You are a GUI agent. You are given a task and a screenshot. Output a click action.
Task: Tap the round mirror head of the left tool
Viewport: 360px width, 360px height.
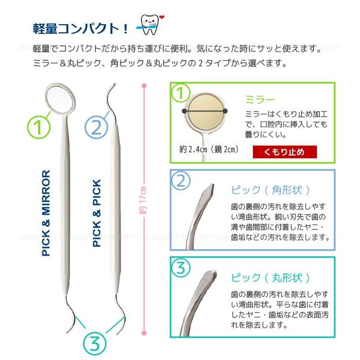[x=58, y=96]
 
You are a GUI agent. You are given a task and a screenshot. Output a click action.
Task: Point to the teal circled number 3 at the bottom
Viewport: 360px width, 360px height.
[x=94, y=342]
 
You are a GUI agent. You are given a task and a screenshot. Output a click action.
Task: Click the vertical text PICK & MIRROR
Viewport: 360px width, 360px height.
[x=46, y=213]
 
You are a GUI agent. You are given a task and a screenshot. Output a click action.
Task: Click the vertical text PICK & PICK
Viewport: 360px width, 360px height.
[x=97, y=213]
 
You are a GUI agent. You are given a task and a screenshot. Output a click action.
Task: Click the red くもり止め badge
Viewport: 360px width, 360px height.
[x=284, y=152]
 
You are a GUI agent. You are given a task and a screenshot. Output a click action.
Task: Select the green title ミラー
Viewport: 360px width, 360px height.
[x=260, y=100]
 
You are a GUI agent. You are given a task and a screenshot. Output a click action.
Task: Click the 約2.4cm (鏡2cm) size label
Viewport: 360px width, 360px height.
[x=209, y=149]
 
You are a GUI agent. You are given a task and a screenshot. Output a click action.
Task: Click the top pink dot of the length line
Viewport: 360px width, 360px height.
[x=144, y=84]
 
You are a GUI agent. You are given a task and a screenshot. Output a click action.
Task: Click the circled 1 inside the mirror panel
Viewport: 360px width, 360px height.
[x=181, y=93]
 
